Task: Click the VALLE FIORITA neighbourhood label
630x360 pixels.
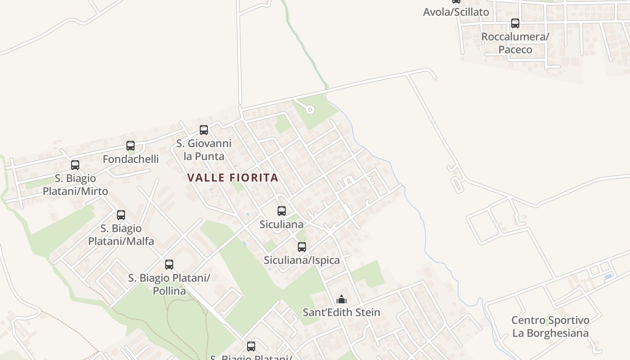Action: click(233, 178)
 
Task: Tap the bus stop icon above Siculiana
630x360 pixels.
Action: click(282, 211)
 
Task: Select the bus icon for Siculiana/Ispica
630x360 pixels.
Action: click(302, 247)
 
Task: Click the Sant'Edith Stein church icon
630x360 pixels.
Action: click(342, 299)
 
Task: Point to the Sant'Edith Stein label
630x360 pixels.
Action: click(341, 312)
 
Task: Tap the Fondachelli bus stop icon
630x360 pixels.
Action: click(130, 146)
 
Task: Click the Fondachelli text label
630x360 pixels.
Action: click(130, 159)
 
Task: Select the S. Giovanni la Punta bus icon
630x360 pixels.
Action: click(204, 130)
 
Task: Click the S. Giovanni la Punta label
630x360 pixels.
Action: click(204, 150)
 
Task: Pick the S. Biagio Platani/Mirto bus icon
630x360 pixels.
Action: click(75, 165)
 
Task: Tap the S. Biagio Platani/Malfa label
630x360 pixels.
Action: click(121, 234)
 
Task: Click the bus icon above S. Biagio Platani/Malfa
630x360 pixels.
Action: click(121, 215)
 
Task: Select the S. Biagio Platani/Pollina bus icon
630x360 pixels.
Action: click(169, 265)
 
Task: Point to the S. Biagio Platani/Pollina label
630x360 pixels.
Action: click(169, 284)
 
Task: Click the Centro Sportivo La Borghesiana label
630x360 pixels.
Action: click(550, 327)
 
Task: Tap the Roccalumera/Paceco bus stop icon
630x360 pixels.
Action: click(515, 23)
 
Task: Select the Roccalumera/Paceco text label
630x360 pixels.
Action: click(515, 43)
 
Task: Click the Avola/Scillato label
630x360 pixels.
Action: click(456, 12)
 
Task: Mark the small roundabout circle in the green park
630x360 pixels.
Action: click(310, 110)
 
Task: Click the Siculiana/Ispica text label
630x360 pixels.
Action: click(301, 260)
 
